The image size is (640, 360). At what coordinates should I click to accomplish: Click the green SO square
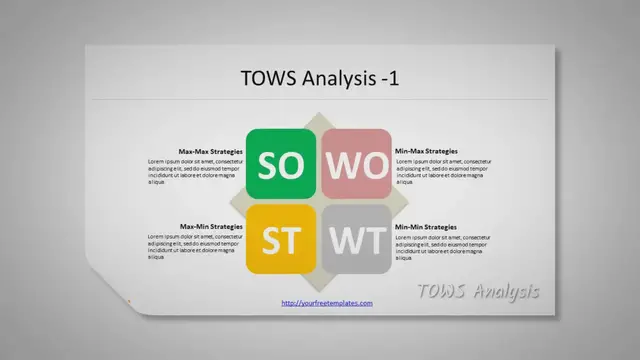pos(281,164)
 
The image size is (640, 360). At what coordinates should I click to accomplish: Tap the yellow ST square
pos(281,240)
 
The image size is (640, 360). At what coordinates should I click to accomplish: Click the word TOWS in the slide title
pos(268,77)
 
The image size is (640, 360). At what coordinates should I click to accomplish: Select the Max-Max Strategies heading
pos(210,151)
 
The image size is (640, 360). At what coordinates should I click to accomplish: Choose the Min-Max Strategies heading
pos(427,151)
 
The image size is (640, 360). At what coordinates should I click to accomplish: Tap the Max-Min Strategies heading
pos(210,227)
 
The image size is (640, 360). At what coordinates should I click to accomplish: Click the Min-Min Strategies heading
pos(426,227)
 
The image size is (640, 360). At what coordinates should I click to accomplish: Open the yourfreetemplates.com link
pos(327,303)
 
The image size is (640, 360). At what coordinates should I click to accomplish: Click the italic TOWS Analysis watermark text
pos(477,291)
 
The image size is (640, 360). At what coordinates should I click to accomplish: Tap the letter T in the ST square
pos(293,240)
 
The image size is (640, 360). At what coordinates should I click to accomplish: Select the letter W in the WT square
pos(343,240)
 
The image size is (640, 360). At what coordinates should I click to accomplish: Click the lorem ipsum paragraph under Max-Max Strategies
pos(195,171)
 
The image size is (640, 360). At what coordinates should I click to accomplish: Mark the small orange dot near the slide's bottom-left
pos(129,300)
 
